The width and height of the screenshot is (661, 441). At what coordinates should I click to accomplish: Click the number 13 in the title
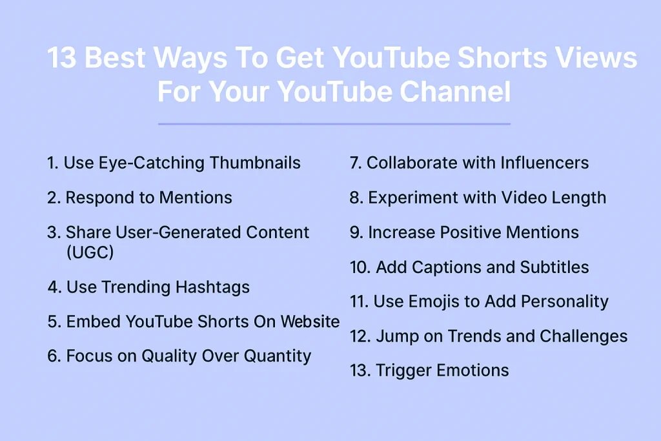[62, 59]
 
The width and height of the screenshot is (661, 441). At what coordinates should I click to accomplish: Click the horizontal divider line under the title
[334, 123]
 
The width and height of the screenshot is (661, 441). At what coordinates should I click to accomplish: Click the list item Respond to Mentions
[139, 198]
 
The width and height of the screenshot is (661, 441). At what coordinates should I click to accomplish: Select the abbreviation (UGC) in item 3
[90, 252]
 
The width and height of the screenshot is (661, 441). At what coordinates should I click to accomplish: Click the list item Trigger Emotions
[429, 371]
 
